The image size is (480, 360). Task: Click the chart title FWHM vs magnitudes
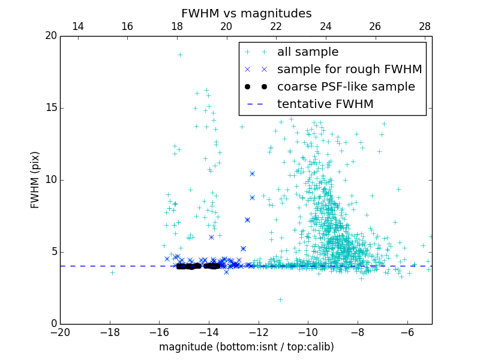pyautogui.click(x=246, y=13)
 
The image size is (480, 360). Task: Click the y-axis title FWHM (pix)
pyautogui.click(x=35, y=180)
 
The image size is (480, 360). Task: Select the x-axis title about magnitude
pyautogui.click(x=246, y=347)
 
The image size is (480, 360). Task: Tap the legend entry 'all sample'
pyautogui.click(x=308, y=52)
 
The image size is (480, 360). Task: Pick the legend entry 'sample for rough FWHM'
pyautogui.click(x=349, y=70)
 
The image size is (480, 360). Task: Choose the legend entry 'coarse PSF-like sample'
pyautogui.click(x=346, y=87)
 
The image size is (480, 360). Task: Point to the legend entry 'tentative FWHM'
pyautogui.click(x=325, y=104)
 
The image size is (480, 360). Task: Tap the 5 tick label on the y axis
pyautogui.click(x=53, y=252)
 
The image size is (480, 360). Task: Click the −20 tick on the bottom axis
pyautogui.click(x=60, y=332)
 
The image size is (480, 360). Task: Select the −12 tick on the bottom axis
pyautogui.click(x=259, y=332)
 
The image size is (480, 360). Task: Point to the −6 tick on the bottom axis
pyautogui.click(x=407, y=332)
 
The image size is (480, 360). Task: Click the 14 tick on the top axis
pyautogui.click(x=77, y=26)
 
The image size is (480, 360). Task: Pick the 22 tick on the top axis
pyautogui.click(x=276, y=26)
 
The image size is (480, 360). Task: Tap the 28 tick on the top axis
pyautogui.click(x=425, y=26)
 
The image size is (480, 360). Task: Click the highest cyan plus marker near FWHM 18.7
pyautogui.click(x=179, y=55)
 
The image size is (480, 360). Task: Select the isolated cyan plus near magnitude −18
pyautogui.click(x=112, y=272)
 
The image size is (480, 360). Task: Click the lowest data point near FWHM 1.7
pyautogui.click(x=280, y=299)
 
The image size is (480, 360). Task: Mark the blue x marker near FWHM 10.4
pyautogui.click(x=252, y=173)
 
